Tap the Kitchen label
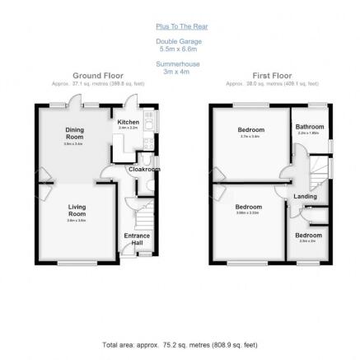(x=129, y=122)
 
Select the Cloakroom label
(x=144, y=169)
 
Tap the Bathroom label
(x=310, y=126)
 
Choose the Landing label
(x=306, y=196)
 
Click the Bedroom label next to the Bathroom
(x=251, y=130)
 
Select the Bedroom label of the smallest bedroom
(x=309, y=236)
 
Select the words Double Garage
(x=180, y=41)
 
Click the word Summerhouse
(x=180, y=63)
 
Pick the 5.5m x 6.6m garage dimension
(x=180, y=49)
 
